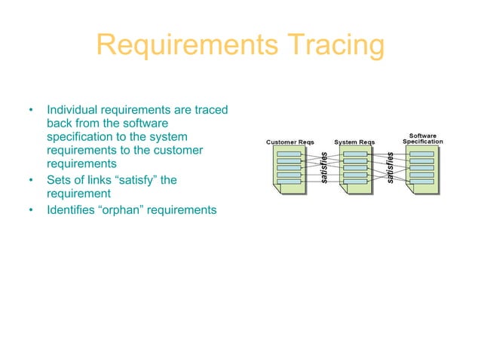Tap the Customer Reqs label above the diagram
tap(290, 142)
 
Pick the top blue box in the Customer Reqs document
tap(289, 154)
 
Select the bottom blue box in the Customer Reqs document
tap(289, 182)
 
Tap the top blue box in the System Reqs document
tap(355, 154)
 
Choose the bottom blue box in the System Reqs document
tap(355, 182)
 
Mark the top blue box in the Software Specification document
tap(421, 154)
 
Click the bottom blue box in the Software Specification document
tap(421, 182)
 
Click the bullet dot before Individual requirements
tap(31, 110)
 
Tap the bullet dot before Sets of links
tap(31, 181)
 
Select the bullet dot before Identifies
tap(31, 209)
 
